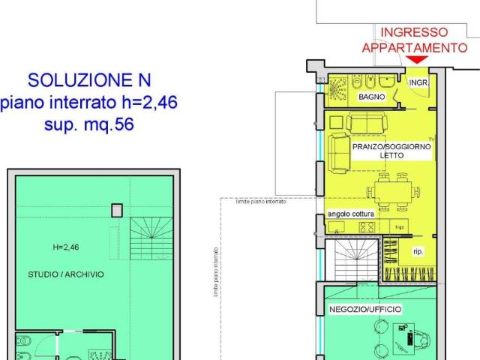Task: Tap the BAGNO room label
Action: pos(371,97)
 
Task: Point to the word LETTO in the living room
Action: pos(391,156)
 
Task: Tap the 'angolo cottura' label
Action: pos(351,214)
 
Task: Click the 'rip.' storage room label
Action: pos(418,252)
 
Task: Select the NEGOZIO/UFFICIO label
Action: pos(365,309)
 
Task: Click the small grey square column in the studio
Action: pos(117,211)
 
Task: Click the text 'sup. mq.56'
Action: pos(83,125)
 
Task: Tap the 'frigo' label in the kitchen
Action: pos(400,226)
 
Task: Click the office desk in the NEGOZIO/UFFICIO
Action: pos(409,336)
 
